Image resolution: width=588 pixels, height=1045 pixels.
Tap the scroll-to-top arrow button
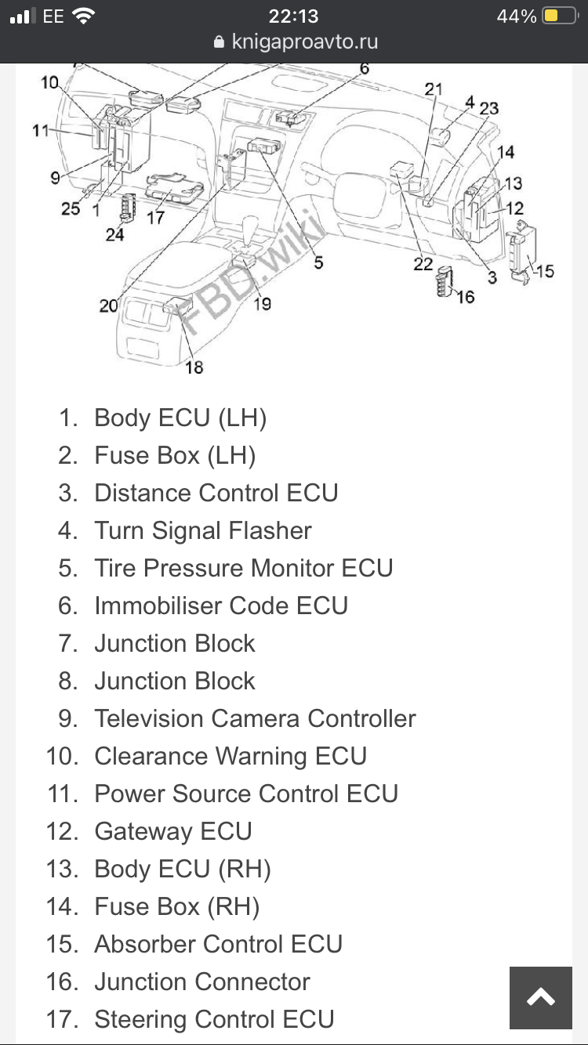pyautogui.click(x=540, y=997)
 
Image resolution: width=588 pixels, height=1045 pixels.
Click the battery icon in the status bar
pyautogui.click(x=560, y=16)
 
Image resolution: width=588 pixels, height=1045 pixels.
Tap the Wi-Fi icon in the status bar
pyautogui.click(x=84, y=16)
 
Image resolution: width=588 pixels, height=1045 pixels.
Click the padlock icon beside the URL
pyautogui.click(x=219, y=42)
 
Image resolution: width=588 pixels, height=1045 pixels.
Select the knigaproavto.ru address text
pyautogui.click(x=304, y=42)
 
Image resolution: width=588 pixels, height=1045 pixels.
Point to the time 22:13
pyautogui.click(x=294, y=16)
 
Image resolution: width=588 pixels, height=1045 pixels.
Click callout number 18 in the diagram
pyautogui.click(x=194, y=367)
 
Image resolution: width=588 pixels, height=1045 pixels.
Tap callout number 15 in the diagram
pyautogui.click(x=545, y=271)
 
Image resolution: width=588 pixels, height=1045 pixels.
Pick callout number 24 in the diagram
pyautogui.click(x=115, y=234)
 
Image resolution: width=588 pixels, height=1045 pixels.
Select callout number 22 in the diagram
pyautogui.click(x=423, y=264)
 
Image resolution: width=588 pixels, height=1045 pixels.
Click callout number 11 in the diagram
pyautogui.click(x=41, y=130)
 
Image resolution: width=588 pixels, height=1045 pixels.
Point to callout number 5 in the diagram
pyautogui.click(x=318, y=262)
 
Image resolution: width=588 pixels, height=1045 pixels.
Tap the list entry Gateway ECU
pyautogui.click(x=173, y=832)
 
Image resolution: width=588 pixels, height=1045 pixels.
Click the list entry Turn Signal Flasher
pyautogui.click(x=203, y=530)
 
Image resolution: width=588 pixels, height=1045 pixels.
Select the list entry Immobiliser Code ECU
pyautogui.click(x=221, y=606)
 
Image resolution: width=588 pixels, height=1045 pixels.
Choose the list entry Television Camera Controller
pyautogui.click(x=255, y=718)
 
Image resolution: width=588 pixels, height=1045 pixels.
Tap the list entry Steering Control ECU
pyautogui.click(x=214, y=1019)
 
